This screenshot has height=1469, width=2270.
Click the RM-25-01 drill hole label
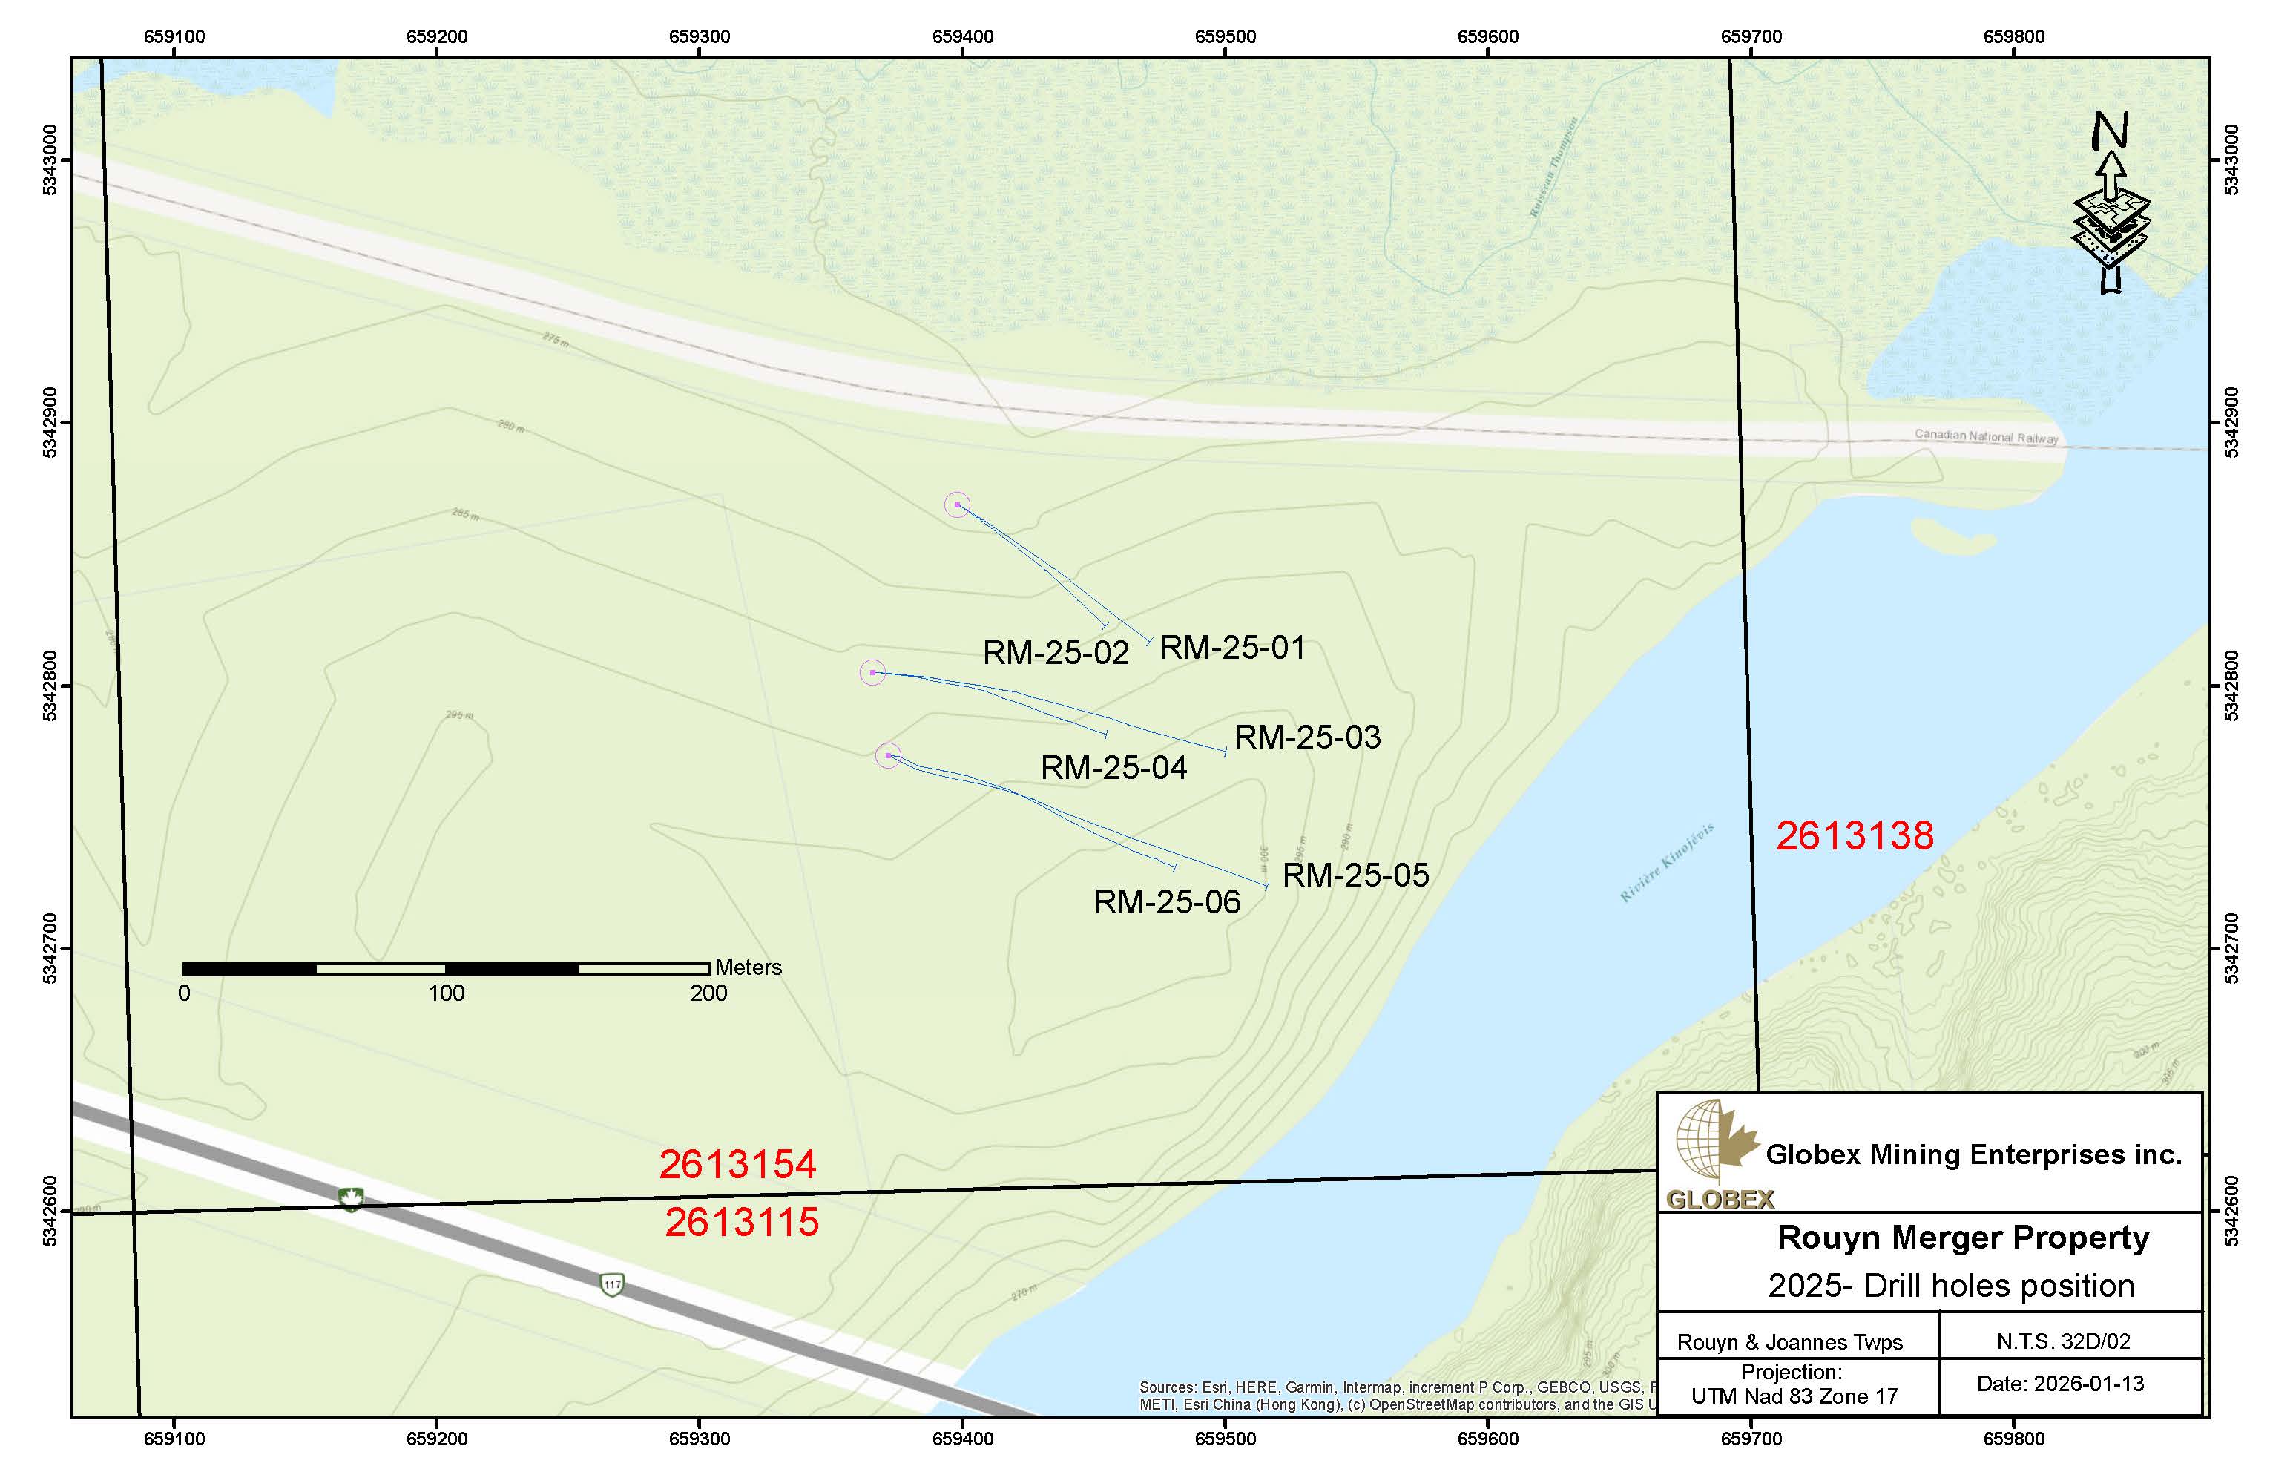click(1232, 648)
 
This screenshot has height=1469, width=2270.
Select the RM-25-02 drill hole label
click(1056, 654)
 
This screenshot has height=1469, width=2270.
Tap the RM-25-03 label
click(1306, 737)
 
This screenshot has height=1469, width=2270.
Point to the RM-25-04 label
click(1113, 768)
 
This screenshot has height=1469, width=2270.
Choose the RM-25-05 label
click(1355, 875)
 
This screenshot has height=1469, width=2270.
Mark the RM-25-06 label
click(1166, 902)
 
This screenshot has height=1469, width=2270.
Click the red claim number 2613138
click(1854, 837)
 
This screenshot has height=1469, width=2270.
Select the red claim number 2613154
click(737, 1165)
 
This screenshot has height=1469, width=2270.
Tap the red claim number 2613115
click(741, 1223)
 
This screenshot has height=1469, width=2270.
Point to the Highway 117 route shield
click(612, 1285)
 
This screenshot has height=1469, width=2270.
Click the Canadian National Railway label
click(1986, 436)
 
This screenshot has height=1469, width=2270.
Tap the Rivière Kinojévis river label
click(1666, 862)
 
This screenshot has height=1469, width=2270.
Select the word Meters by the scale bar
click(748, 967)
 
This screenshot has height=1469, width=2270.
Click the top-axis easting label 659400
click(962, 37)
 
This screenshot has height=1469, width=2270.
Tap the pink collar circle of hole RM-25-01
click(957, 505)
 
